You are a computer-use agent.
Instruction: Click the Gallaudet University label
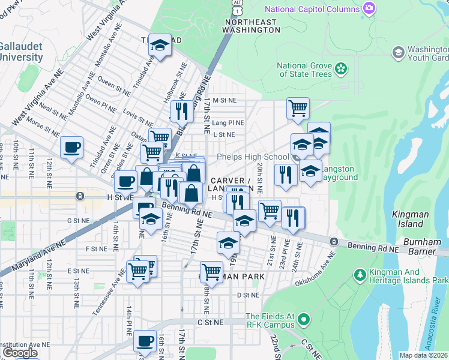(x=21, y=52)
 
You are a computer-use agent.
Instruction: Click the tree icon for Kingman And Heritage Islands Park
(x=360, y=275)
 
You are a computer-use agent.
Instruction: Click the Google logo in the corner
(x=20, y=353)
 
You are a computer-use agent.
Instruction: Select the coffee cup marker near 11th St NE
(x=71, y=147)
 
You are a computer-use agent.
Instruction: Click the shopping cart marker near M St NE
(x=297, y=109)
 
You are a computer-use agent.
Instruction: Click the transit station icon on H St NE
(x=80, y=196)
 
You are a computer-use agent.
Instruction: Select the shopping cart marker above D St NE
(x=211, y=272)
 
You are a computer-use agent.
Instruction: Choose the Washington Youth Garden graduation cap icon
(x=397, y=53)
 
